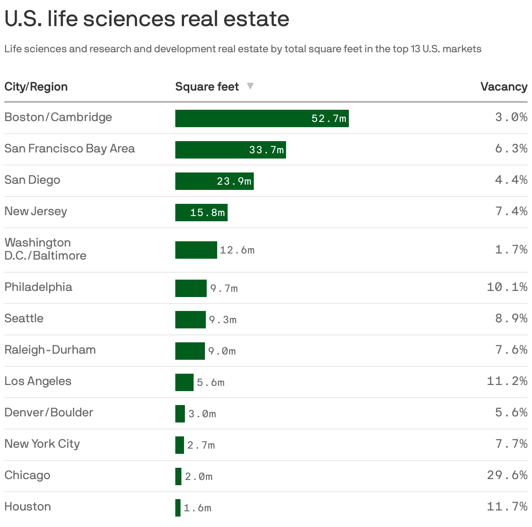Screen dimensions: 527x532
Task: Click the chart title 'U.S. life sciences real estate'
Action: [147, 19]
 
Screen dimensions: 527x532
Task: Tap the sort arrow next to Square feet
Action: [250, 86]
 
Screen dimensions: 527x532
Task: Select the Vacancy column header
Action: [504, 87]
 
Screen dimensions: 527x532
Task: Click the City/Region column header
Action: [36, 87]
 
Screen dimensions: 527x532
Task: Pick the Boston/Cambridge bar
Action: [262, 118]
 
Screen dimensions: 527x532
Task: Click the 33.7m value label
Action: [266, 150]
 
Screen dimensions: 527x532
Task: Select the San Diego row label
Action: [32, 180]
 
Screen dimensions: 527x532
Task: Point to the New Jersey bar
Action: [201, 213]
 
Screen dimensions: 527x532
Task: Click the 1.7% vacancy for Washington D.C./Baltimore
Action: [511, 250]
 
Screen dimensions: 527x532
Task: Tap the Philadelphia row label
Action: [38, 287]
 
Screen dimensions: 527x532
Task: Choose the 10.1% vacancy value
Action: [507, 287]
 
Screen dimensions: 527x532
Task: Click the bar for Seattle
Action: [190, 320]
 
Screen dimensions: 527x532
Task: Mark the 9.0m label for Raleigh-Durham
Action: [222, 351]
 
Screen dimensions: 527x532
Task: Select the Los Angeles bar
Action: [184, 382]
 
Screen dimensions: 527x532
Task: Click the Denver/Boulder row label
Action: [49, 412]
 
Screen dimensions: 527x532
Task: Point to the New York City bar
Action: [179, 445]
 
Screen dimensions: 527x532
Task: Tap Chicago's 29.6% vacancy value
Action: [507, 475]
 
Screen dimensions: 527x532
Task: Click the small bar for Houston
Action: [178, 508]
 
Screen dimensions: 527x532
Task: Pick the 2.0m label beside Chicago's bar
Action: [199, 476]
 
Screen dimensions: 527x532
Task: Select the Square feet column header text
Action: [207, 87]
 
